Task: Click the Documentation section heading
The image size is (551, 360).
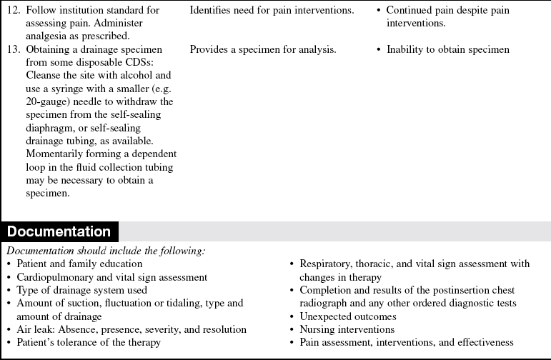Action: click(59, 232)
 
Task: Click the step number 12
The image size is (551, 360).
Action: click(14, 11)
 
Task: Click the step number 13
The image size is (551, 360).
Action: click(14, 50)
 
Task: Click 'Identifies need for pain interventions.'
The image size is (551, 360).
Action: click(272, 11)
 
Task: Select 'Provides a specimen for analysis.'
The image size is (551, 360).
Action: click(263, 50)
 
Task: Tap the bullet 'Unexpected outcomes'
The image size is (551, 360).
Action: click(348, 316)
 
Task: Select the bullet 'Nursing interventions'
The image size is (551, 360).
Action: click(347, 329)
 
